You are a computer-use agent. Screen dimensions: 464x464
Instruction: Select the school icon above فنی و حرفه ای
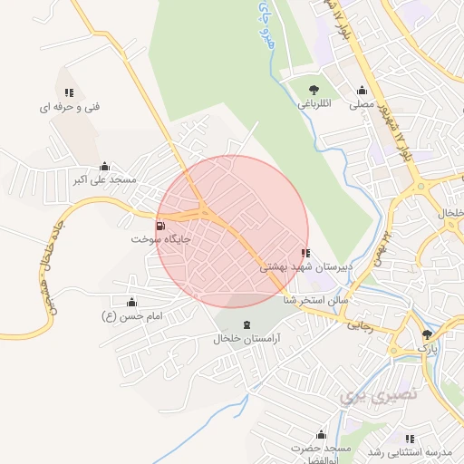[69, 92]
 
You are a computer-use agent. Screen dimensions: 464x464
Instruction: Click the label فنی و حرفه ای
[69, 107]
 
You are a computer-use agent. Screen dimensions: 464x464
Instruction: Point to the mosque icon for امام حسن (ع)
[132, 302]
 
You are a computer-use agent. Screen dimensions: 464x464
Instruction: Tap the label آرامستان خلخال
[246, 339]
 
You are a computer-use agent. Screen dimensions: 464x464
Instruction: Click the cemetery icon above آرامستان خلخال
[246, 324]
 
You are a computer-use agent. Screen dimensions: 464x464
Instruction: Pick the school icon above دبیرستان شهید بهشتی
[305, 254]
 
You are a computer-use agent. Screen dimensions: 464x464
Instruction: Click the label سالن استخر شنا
[315, 299]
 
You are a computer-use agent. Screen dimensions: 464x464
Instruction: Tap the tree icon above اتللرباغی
[314, 90]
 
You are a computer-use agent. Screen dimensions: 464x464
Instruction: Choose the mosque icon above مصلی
[362, 91]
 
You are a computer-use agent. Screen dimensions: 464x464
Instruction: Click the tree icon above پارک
[427, 334]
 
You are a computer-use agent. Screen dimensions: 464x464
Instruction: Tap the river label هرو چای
[266, 25]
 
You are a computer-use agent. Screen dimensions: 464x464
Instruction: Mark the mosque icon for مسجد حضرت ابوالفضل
[319, 435]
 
